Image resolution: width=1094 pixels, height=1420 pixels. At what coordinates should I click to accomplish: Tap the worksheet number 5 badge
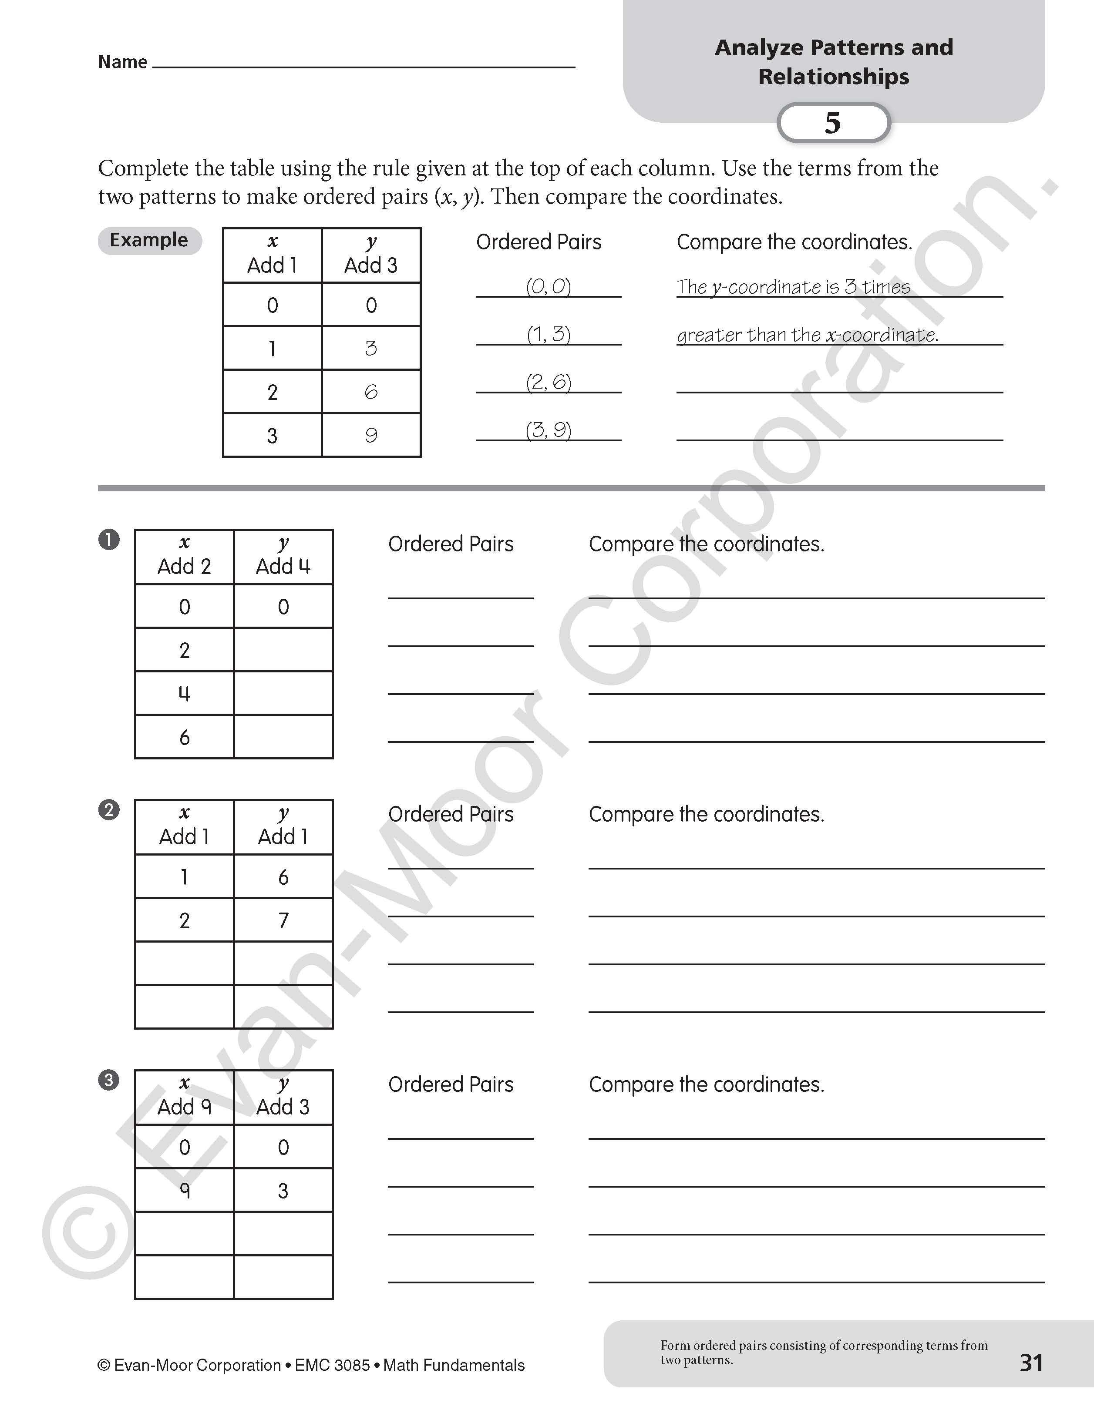point(833,123)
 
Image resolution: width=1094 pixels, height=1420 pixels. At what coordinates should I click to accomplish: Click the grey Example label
point(149,240)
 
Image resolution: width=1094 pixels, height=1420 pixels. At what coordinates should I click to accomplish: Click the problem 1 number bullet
point(109,540)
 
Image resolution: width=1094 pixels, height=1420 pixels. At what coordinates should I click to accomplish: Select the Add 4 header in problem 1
point(283,566)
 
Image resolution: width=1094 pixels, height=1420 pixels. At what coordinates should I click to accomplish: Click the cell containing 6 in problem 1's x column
point(185,737)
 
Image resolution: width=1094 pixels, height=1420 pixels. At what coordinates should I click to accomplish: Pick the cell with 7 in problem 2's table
point(283,920)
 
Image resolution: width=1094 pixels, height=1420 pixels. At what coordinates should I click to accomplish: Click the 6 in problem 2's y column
point(283,877)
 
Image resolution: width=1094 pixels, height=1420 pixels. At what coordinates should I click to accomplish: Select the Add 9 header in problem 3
point(185,1107)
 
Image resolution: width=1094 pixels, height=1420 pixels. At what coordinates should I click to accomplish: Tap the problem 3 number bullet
point(109,1081)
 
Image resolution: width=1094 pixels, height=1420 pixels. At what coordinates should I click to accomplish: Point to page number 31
point(1031,1362)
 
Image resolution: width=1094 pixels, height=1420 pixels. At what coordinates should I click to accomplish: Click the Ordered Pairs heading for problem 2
point(451,814)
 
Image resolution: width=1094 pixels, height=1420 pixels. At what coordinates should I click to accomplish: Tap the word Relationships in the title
point(833,77)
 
